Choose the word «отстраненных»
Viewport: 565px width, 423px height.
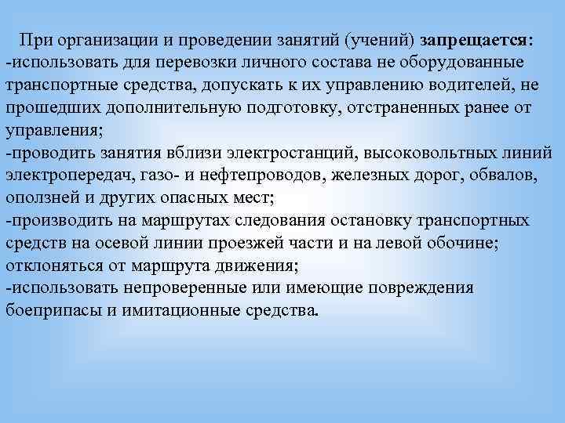[380, 106]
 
